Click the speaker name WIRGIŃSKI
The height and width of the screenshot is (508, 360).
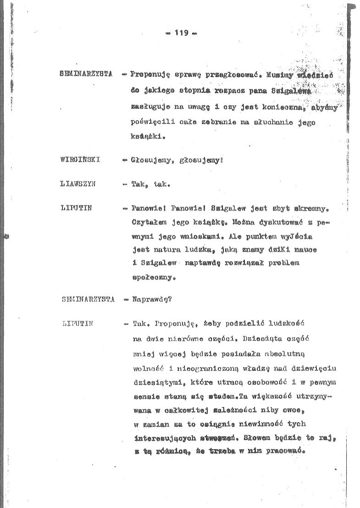(80, 160)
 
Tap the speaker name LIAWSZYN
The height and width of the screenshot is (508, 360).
(78, 185)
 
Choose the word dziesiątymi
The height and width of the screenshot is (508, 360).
(153, 381)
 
